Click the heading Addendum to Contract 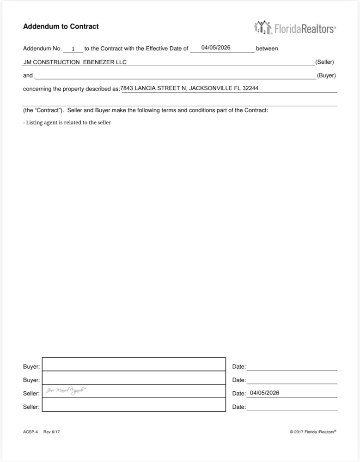(x=61, y=27)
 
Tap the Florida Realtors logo (x=295, y=28)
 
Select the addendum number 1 (x=73, y=49)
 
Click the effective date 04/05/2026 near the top (x=216, y=48)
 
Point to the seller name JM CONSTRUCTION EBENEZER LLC (x=75, y=62)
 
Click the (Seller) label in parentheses (x=324, y=62)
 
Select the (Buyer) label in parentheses (x=326, y=75)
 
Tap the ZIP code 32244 (x=251, y=88)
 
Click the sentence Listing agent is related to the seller (x=67, y=123)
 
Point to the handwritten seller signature (x=65, y=391)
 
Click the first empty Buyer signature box (x=134, y=364)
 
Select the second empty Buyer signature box (x=134, y=377)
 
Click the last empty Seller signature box (x=134, y=405)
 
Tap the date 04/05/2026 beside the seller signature (x=264, y=393)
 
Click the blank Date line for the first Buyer (x=291, y=366)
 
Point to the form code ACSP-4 (x=30, y=432)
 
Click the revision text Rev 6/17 (x=52, y=432)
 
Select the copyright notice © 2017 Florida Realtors (x=313, y=432)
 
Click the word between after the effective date (x=267, y=49)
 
